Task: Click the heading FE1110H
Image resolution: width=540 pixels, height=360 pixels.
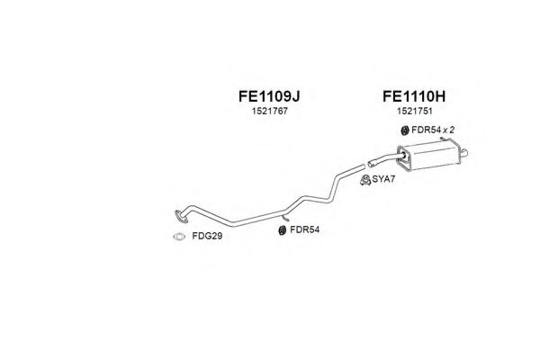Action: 416,95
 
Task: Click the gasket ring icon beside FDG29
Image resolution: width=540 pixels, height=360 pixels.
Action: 178,238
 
